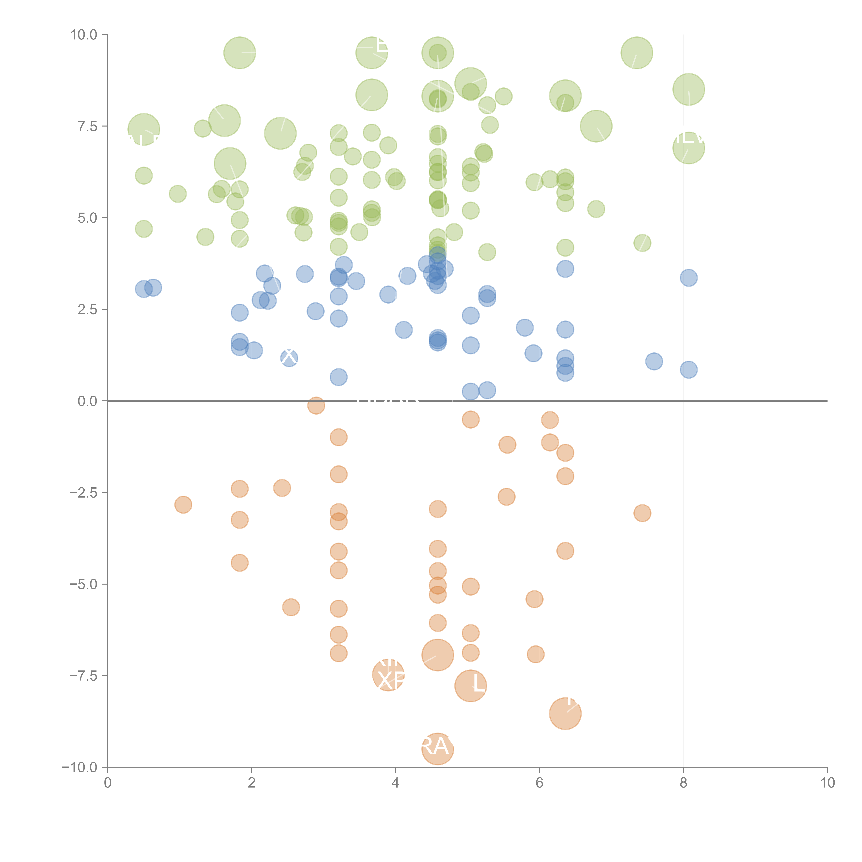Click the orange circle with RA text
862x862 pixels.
437,749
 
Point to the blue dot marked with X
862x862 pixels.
289,357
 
